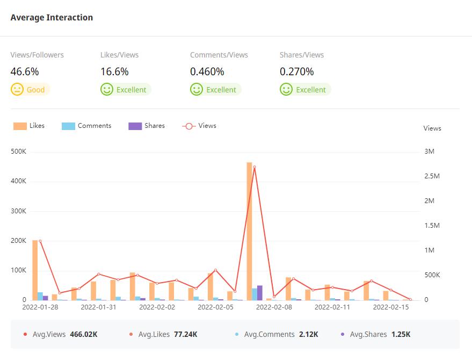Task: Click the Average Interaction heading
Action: click(52, 17)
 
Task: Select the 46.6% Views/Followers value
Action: click(25, 71)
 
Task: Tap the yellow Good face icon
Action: click(17, 89)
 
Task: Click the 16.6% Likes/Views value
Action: click(114, 71)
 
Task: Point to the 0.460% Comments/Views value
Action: click(207, 71)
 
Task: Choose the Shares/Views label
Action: click(302, 55)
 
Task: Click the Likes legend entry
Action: click(29, 126)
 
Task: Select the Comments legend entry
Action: click(86, 126)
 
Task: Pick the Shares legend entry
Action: click(147, 126)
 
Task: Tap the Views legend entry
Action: click(199, 126)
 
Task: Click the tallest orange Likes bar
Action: click(249, 231)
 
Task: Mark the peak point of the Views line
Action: click(255, 167)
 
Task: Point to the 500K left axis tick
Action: click(19, 152)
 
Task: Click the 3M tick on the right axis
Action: click(429, 152)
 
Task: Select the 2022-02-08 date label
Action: click(274, 307)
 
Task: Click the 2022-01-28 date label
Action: click(40, 307)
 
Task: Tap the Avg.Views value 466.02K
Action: click(84, 334)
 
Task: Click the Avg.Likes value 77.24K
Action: click(185, 334)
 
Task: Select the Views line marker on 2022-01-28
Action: click(40, 241)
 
